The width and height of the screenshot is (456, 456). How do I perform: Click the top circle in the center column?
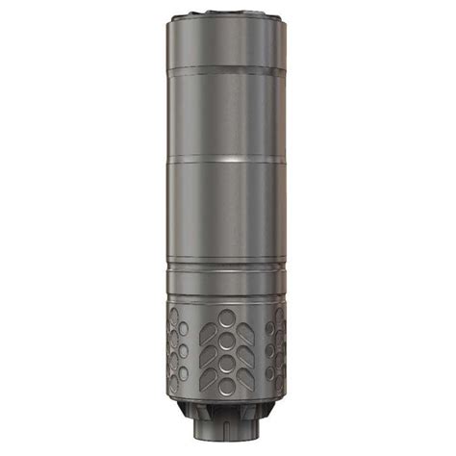227,318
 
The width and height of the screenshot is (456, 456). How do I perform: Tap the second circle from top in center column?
227,342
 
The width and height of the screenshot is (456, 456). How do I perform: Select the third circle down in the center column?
227,364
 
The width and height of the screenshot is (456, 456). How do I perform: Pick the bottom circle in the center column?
227,386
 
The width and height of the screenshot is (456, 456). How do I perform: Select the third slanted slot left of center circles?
207,376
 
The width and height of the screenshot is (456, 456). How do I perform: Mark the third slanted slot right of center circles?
247,376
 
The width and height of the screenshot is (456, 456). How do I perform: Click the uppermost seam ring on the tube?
227,70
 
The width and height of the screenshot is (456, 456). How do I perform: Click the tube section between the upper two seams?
227,114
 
